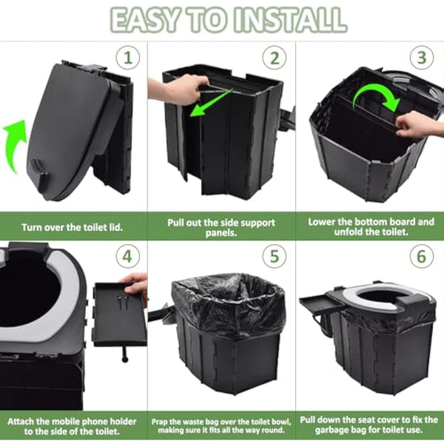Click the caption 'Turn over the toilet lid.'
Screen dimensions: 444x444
pos(73,227)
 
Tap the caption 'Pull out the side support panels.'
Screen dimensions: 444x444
pos(221,227)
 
